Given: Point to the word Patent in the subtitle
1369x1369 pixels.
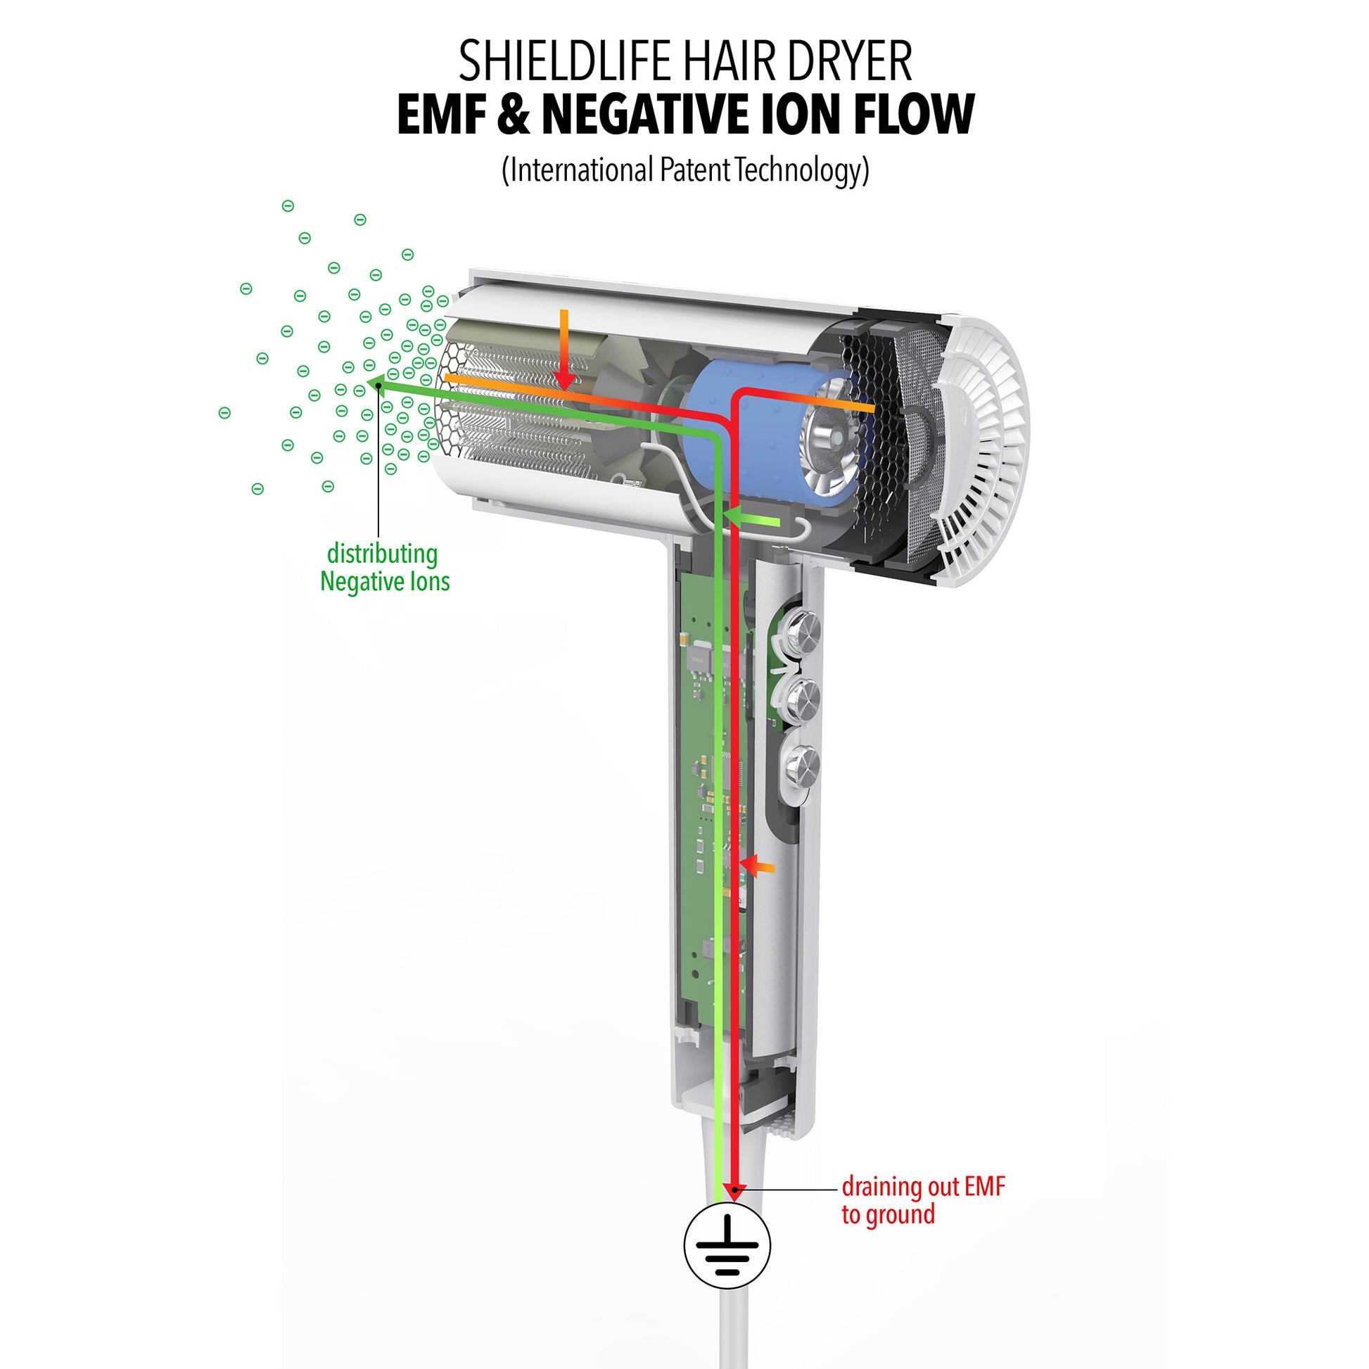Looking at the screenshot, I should tap(693, 170).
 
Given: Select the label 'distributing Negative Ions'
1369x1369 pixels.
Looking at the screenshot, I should tap(384, 568).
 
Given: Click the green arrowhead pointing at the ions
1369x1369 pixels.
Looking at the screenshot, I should tap(375, 385).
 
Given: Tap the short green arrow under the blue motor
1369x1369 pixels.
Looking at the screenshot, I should tap(751, 523).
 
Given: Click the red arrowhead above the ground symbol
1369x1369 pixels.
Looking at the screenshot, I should tap(737, 1191).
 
